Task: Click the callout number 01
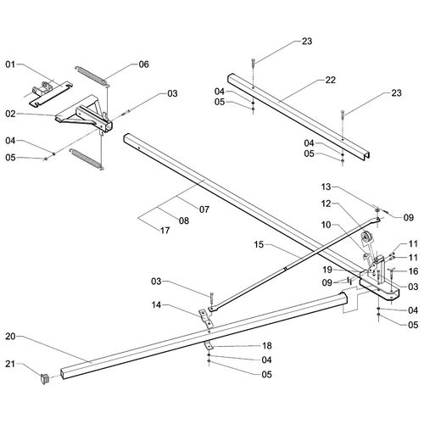(x=10, y=64)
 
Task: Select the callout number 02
(x=10, y=114)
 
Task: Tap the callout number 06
(x=143, y=64)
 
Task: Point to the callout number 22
(x=331, y=80)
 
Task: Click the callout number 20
(x=10, y=337)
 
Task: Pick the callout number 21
(x=10, y=364)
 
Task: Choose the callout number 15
(x=259, y=244)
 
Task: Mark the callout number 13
(x=326, y=187)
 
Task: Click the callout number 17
(x=165, y=231)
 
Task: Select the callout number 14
(x=156, y=304)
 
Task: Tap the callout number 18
(x=267, y=345)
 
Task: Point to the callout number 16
(x=413, y=271)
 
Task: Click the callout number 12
(x=326, y=204)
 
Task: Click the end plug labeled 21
(x=44, y=379)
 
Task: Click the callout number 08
(x=184, y=220)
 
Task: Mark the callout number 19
(x=327, y=270)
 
